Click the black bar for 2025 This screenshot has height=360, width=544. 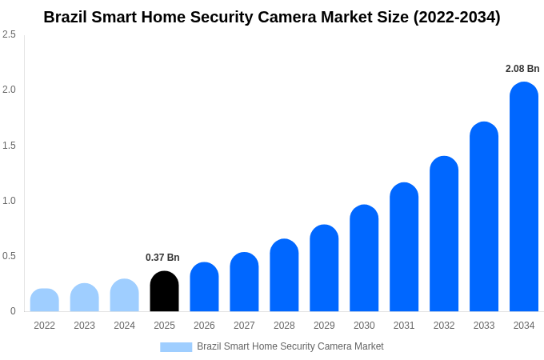click(x=164, y=292)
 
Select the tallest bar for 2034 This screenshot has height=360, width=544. click(x=524, y=198)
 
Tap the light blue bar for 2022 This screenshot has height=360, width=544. click(x=45, y=301)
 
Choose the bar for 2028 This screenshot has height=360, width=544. click(x=284, y=276)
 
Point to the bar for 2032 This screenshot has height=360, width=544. click(x=444, y=234)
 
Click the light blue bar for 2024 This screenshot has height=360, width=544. click(x=124, y=296)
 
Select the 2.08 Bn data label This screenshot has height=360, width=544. click(x=522, y=69)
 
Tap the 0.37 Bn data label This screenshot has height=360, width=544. click(x=162, y=258)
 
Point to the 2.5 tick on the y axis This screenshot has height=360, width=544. click(x=9, y=34)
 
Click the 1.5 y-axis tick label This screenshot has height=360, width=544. click(x=9, y=146)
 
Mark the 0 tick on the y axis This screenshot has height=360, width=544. click(x=13, y=311)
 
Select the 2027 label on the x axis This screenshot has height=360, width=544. click(x=244, y=326)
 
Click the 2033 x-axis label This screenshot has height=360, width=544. click(x=484, y=326)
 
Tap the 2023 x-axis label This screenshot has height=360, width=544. click(x=84, y=326)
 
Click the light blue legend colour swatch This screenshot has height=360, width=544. click(x=176, y=347)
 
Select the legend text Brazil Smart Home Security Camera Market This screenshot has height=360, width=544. click(x=290, y=346)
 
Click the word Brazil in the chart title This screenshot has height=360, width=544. click(x=66, y=17)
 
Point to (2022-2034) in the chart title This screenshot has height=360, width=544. click(x=457, y=17)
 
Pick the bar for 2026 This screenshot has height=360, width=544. click(x=204, y=287)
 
